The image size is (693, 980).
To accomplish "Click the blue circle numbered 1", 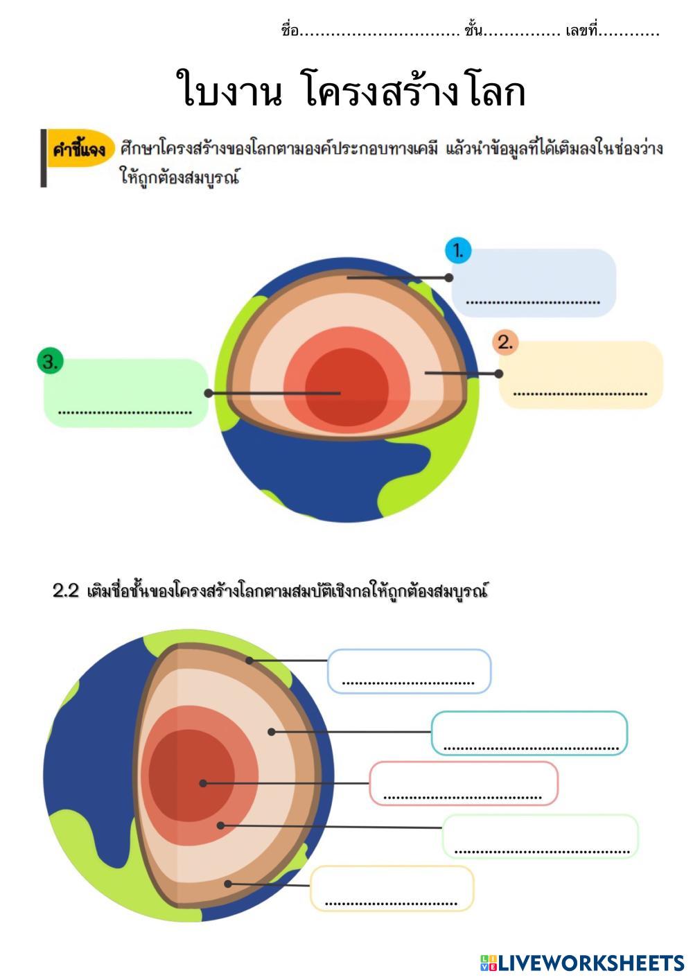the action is [x=457, y=251].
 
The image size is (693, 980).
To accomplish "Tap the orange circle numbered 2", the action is [x=505, y=342].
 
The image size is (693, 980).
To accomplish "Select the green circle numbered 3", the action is [x=50, y=361].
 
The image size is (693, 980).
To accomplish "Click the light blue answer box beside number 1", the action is [x=534, y=283].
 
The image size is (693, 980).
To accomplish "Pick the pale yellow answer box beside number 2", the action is [x=581, y=374].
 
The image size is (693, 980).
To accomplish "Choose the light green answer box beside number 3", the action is [x=125, y=392].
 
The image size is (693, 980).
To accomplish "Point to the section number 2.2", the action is [x=66, y=591].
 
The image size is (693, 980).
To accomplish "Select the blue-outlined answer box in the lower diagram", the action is [x=409, y=671].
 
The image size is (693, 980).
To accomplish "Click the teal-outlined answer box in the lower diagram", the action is [x=529, y=733].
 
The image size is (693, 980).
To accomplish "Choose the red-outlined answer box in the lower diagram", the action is [x=463, y=783].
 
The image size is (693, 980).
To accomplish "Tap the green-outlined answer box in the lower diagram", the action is [x=541, y=836].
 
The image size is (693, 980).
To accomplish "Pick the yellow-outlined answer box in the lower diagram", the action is [x=392, y=888].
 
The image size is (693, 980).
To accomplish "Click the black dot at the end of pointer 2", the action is [x=499, y=374].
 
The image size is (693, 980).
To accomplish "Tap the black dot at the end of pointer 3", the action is [x=209, y=393].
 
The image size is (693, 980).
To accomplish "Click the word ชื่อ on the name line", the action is [x=290, y=30].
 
